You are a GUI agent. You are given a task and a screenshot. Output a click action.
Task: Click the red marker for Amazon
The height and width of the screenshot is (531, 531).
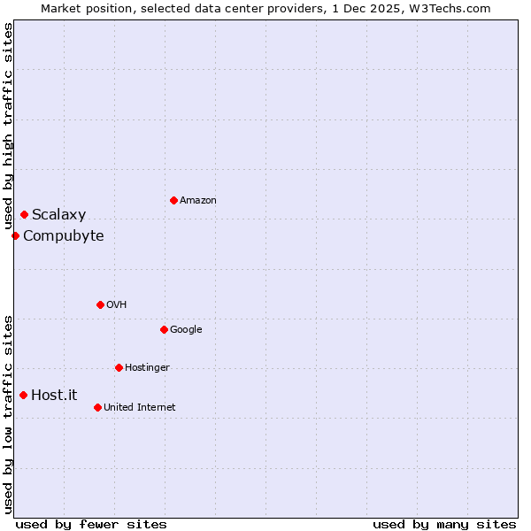tap(173, 200)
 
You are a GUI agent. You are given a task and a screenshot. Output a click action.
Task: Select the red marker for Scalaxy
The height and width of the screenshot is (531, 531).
tap(24, 214)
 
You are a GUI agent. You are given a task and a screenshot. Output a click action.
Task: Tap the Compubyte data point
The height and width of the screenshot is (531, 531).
tap(15, 235)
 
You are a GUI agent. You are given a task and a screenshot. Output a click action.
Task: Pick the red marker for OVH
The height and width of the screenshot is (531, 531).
tap(100, 304)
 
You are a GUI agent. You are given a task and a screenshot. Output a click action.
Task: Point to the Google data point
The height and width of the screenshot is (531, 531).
tap(164, 329)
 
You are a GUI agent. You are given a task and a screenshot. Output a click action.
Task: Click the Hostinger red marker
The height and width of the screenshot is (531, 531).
tap(119, 367)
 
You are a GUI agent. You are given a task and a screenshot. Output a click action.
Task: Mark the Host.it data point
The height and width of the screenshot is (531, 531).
tap(23, 395)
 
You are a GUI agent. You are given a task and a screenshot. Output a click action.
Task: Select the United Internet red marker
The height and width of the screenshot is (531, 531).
tap(97, 407)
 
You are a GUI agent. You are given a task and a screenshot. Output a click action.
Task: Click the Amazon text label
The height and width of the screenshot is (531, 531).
tap(198, 201)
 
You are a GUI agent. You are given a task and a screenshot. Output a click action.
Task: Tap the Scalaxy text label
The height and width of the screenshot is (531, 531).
tap(59, 215)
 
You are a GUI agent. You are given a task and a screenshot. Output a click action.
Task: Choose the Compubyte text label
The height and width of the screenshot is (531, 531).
tap(64, 236)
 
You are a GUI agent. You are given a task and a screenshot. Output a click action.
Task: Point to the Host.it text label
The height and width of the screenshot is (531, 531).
tap(54, 396)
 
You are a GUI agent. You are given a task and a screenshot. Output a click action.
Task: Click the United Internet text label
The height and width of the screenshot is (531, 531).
tap(140, 408)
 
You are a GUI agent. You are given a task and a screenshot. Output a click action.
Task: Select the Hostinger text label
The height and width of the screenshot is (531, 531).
tap(147, 368)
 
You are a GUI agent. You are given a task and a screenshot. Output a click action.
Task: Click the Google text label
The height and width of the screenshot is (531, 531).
tap(186, 330)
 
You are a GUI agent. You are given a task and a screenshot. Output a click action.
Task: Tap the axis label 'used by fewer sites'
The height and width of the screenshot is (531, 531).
tap(91, 524)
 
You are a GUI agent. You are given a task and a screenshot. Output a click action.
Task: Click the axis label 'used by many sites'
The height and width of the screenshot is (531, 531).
tap(444, 524)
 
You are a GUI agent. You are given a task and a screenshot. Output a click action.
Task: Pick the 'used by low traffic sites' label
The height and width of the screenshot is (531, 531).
tap(8, 413)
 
